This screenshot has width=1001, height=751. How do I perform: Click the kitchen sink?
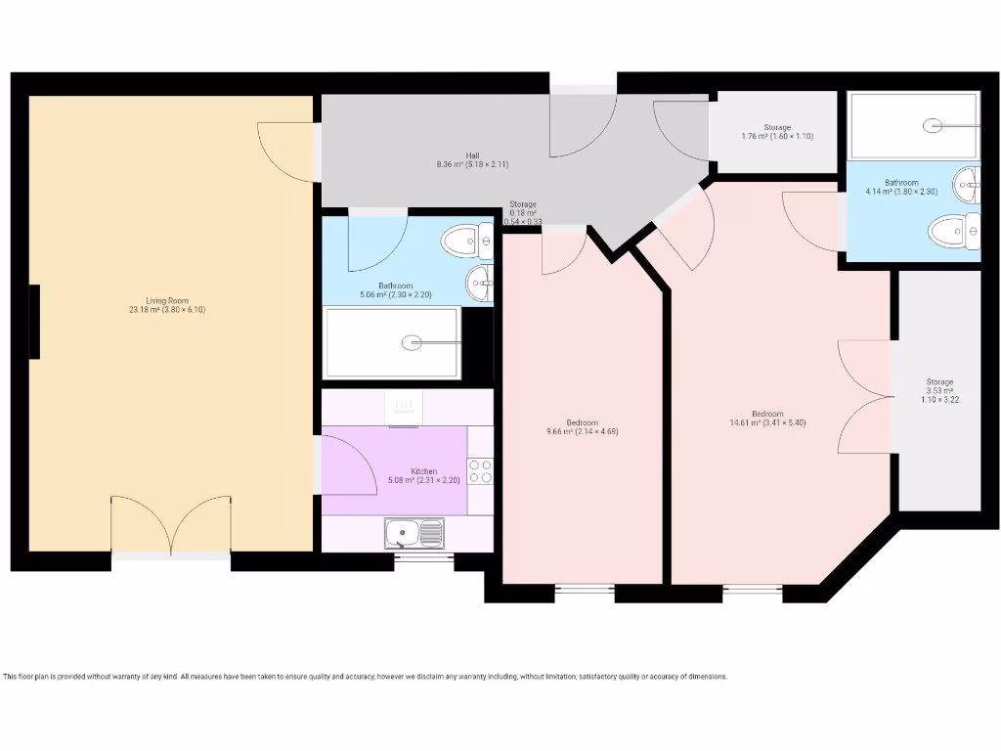point(414,533)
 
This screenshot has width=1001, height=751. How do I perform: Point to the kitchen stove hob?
point(480,471)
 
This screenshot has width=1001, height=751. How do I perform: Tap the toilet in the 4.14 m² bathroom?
point(954,232)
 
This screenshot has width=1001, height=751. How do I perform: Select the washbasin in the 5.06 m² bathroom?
point(480,283)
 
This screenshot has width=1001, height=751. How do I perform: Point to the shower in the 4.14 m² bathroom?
point(913,125)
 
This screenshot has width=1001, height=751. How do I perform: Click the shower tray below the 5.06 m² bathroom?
point(392,342)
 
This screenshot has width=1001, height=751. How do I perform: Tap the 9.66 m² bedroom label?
point(582,426)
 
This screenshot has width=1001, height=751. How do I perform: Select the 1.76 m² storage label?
point(776,132)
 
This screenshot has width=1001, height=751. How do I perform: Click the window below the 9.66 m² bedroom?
point(584,590)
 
